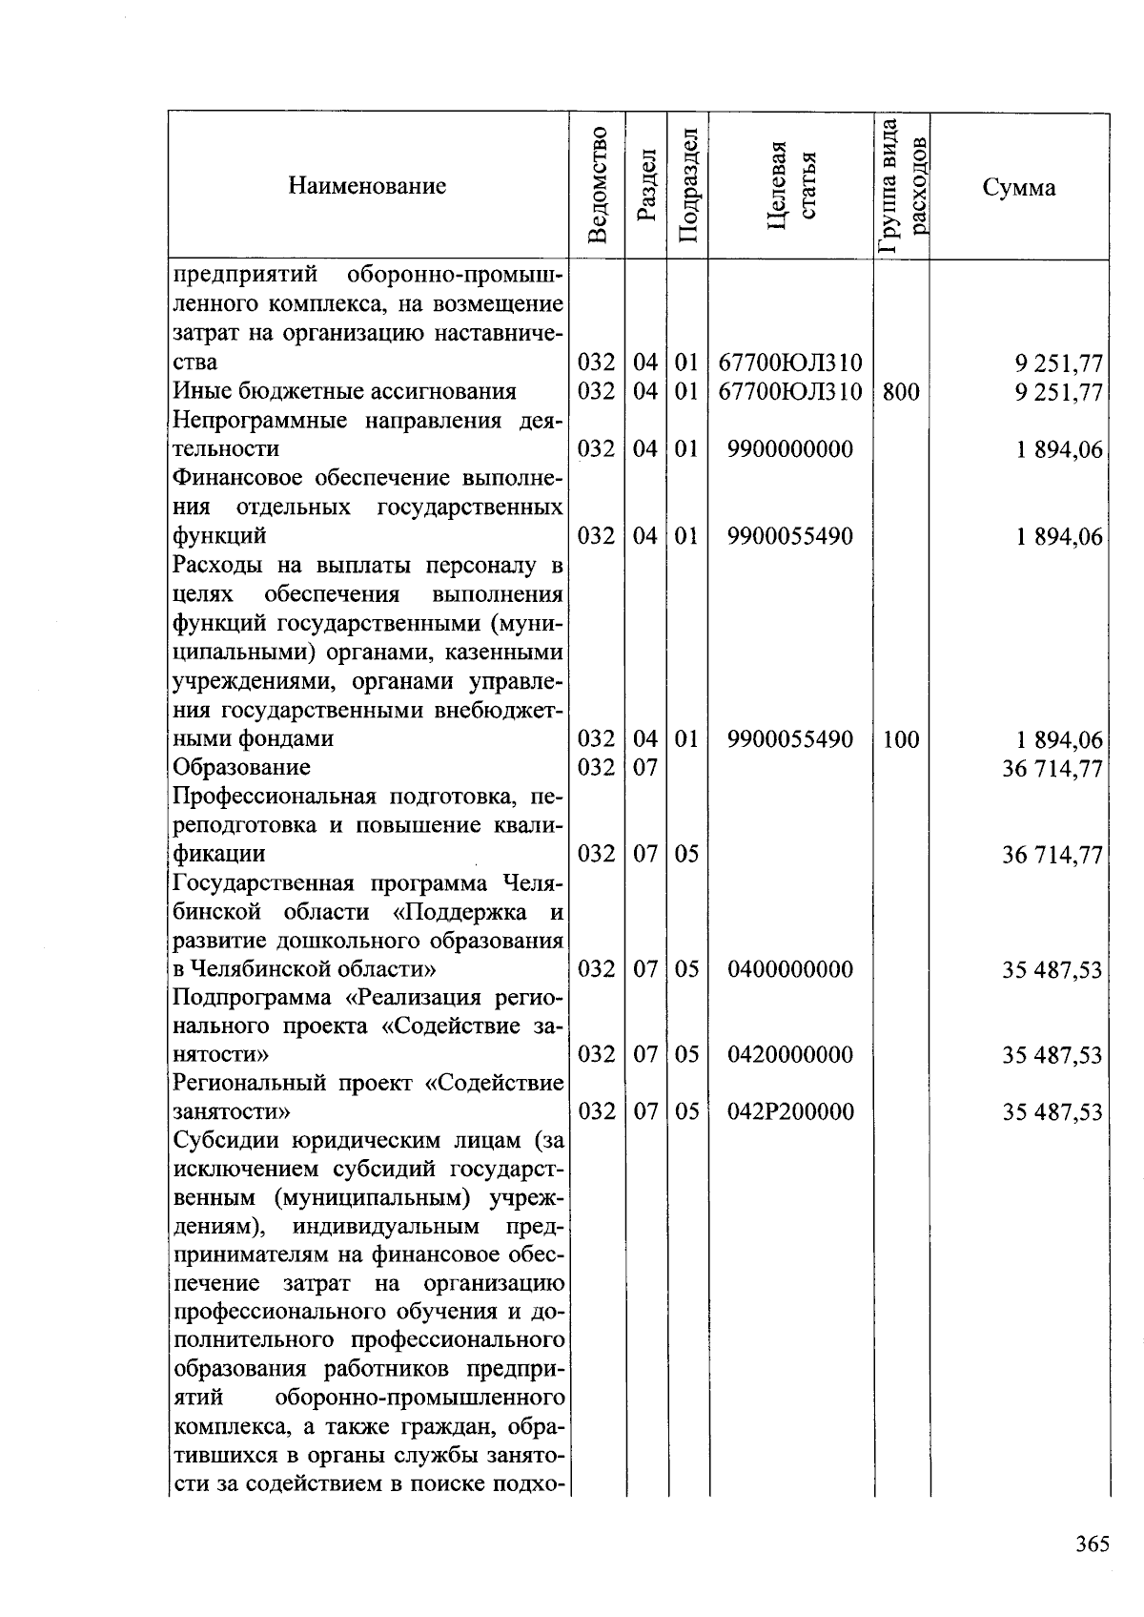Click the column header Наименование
pyautogui.click(x=367, y=185)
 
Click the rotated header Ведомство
pyautogui.click(x=598, y=185)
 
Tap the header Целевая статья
pyautogui.click(x=791, y=185)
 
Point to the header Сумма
pyautogui.click(x=1019, y=187)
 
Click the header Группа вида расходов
pyautogui.click(x=902, y=185)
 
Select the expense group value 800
pyautogui.click(x=901, y=392)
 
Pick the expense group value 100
pyautogui.click(x=901, y=739)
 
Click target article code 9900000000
pyautogui.click(x=789, y=449)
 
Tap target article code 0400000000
pyautogui.click(x=789, y=970)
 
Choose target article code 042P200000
pyautogui.click(x=789, y=1112)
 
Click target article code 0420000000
pyautogui.click(x=789, y=1055)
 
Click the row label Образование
pyautogui.click(x=241, y=768)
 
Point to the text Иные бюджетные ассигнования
pyautogui.click(x=344, y=392)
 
